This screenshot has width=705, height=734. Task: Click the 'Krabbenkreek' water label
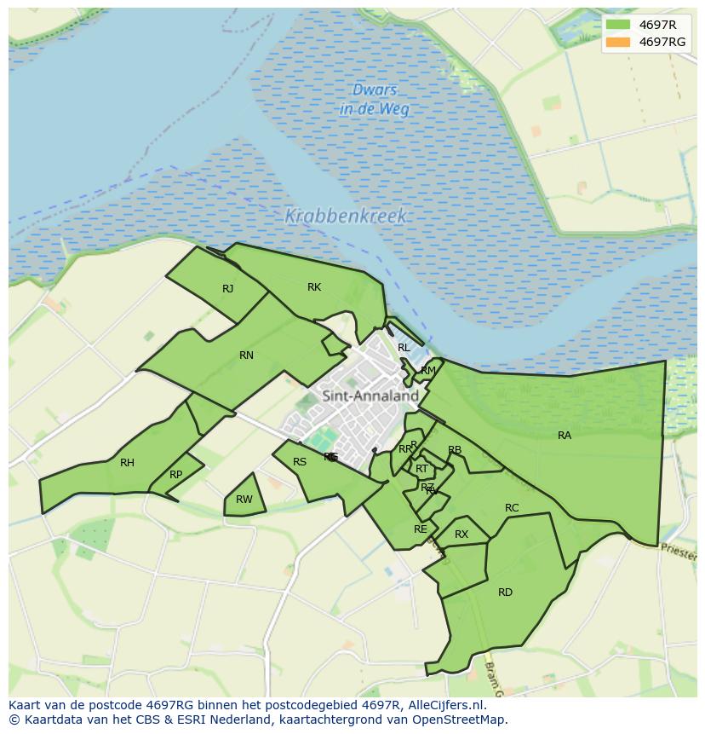pyautogui.click(x=346, y=217)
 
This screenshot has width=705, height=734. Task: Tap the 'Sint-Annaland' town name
pyautogui.click(x=370, y=396)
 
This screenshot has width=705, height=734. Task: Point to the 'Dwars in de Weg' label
pyautogui.click(x=375, y=100)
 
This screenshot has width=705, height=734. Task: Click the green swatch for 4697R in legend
pyautogui.click(x=618, y=25)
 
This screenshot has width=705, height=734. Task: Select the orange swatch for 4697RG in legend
pyautogui.click(x=618, y=42)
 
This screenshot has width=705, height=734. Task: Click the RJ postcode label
pyautogui.click(x=227, y=289)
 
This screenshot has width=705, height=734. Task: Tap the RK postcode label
pyautogui.click(x=314, y=287)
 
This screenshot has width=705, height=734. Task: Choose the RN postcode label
pyautogui.click(x=246, y=355)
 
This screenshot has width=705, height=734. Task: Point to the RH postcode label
pyautogui.click(x=127, y=463)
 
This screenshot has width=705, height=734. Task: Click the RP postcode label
pyautogui.click(x=175, y=475)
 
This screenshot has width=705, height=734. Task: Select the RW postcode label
pyautogui.click(x=244, y=500)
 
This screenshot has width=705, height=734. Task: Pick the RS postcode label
pyautogui.click(x=300, y=462)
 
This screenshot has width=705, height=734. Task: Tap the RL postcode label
pyautogui.click(x=404, y=348)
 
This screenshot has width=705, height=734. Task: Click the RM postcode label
pyautogui.click(x=428, y=370)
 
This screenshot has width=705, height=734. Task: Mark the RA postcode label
pyautogui.click(x=565, y=436)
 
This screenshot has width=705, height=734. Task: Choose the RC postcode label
pyautogui.click(x=512, y=508)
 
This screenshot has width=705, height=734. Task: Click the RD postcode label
pyautogui.click(x=505, y=592)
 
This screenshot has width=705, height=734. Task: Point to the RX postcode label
pyautogui.click(x=461, y=535)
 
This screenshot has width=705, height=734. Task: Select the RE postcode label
pyautogui.click(x=420, y=529)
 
